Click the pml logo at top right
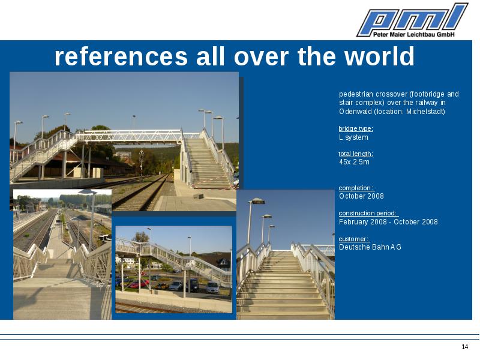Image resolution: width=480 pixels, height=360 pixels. [x=412, y=20]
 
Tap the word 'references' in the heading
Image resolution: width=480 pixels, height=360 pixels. [x=121, y=56]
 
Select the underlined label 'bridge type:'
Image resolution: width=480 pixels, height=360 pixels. [x=356, y=128]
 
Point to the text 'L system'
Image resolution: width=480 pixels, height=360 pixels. [x=353, y=137]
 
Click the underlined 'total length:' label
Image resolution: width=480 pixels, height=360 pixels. [x=356, y=154]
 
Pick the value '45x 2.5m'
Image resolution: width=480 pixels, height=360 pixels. [x=354, y=162]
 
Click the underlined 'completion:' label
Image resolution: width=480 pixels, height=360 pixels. [x=356, y=188]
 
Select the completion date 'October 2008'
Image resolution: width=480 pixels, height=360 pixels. [x=361, y=196]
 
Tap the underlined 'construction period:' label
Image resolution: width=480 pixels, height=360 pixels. [x=368, y=213]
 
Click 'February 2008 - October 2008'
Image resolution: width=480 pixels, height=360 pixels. [x=388, y=222]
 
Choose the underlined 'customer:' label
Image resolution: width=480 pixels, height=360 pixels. [x=354, y=239]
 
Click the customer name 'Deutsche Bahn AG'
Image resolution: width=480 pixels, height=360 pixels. [x=370, y=247]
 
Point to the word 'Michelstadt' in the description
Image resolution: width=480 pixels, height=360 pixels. [x=425, y=112]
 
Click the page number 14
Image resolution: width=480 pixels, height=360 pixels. [x=464, y=347]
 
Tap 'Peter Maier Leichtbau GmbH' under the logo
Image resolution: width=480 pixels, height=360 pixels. [x=414, y=35]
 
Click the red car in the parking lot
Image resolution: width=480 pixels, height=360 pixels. [x=139, y=284]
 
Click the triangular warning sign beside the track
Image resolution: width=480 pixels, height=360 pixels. [x=142, y=152]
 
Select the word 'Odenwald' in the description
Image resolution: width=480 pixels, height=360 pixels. [x=355, y=112]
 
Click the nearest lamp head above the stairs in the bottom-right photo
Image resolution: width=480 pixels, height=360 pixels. [x=257, y=201]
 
